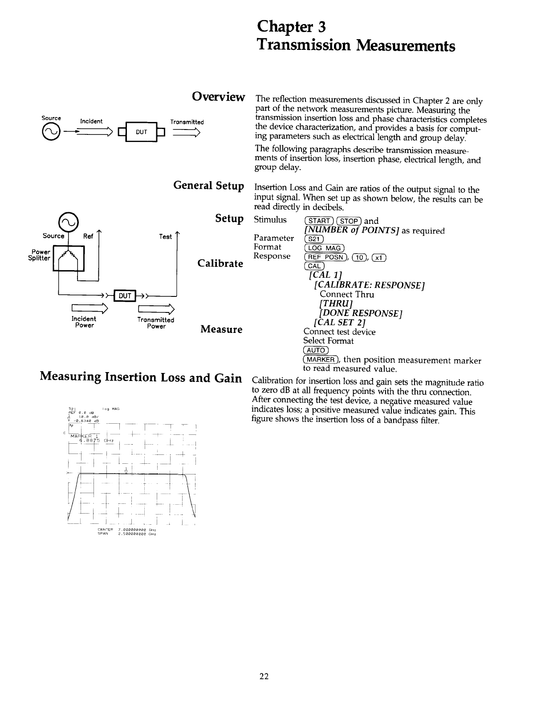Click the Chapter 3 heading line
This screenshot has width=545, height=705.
pos(292,27)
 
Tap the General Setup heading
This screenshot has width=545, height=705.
pos(208,185)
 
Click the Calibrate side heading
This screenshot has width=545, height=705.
pos(220,263)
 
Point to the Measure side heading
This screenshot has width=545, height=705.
pos(221,329)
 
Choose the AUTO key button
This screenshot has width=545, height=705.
pos(316,351)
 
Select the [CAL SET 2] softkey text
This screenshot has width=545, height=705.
pos(340,322)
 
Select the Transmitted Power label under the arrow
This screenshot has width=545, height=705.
pos(156,323)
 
